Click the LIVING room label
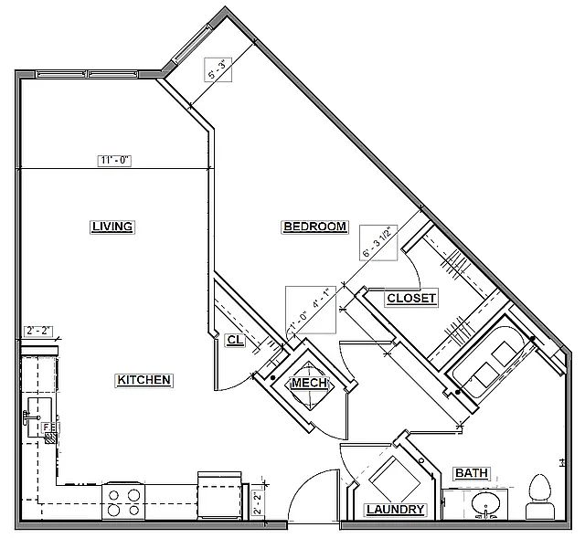(x=113, y=227)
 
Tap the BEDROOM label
(x=314, y=227)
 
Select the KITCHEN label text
(x=144, y=380)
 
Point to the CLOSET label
(x=411, y=299)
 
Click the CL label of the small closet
(x=234, y=340)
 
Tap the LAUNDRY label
(x=395, y=510)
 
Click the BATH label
(x=471, y=473)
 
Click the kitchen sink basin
(x=38, y=409)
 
